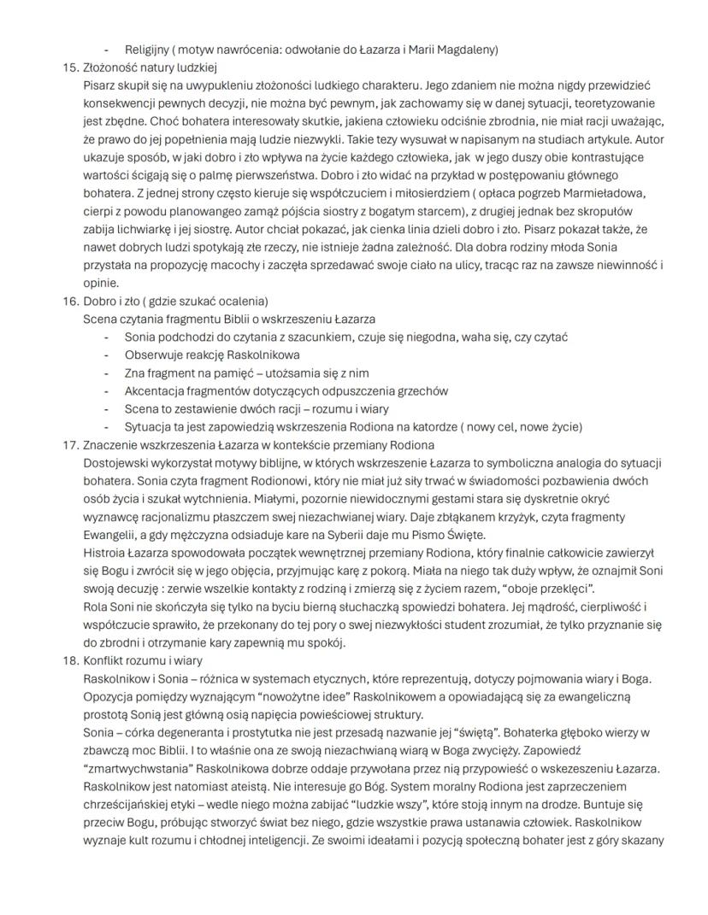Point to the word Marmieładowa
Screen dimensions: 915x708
pos(598,193)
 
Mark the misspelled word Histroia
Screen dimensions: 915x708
pos(106,553)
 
